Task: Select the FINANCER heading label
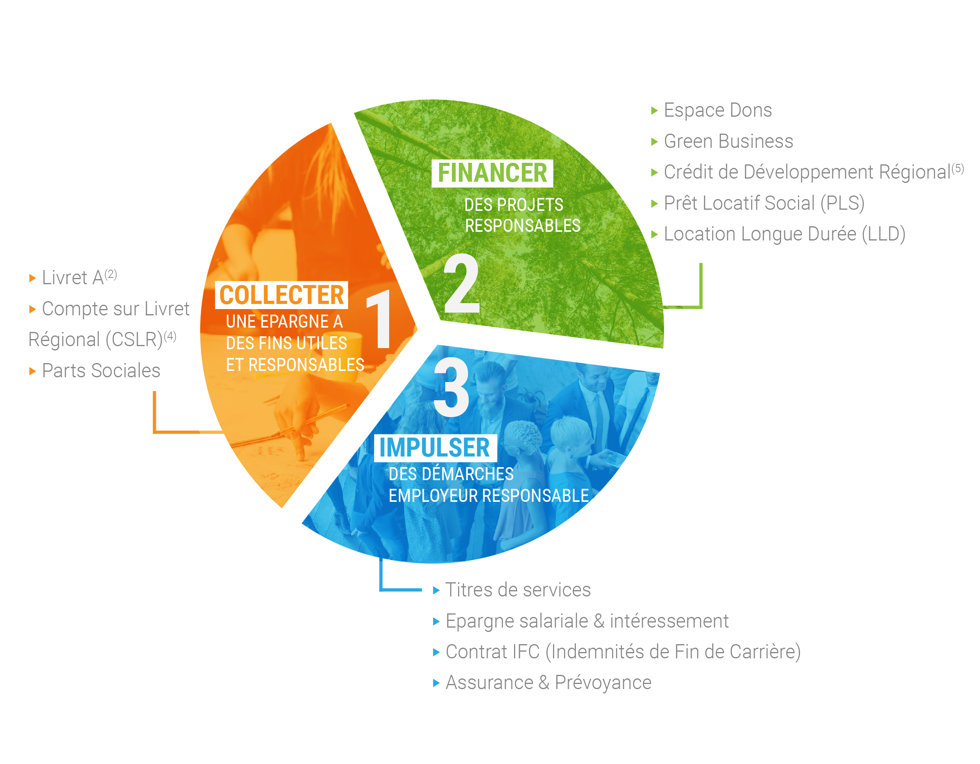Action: click(492, 173)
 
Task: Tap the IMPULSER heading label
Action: click(435, 448)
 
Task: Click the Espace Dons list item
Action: click(718, 110)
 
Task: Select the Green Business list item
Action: click(728, 141)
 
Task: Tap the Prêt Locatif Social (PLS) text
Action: click(764, 203)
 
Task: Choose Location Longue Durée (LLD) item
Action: click(784, 234)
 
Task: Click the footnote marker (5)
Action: click(958, 169)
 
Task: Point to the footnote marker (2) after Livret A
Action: click(111, 274)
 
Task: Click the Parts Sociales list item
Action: click(101, 371)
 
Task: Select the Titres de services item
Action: click(518, 590)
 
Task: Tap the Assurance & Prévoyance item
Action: click(548, 683)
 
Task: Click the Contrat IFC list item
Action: click(623, 652)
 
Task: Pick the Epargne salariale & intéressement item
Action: click(587, 621)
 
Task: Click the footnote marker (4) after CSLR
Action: click(170, 336)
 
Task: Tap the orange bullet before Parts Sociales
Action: click(32, 371)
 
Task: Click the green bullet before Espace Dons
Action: click(654, 110)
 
